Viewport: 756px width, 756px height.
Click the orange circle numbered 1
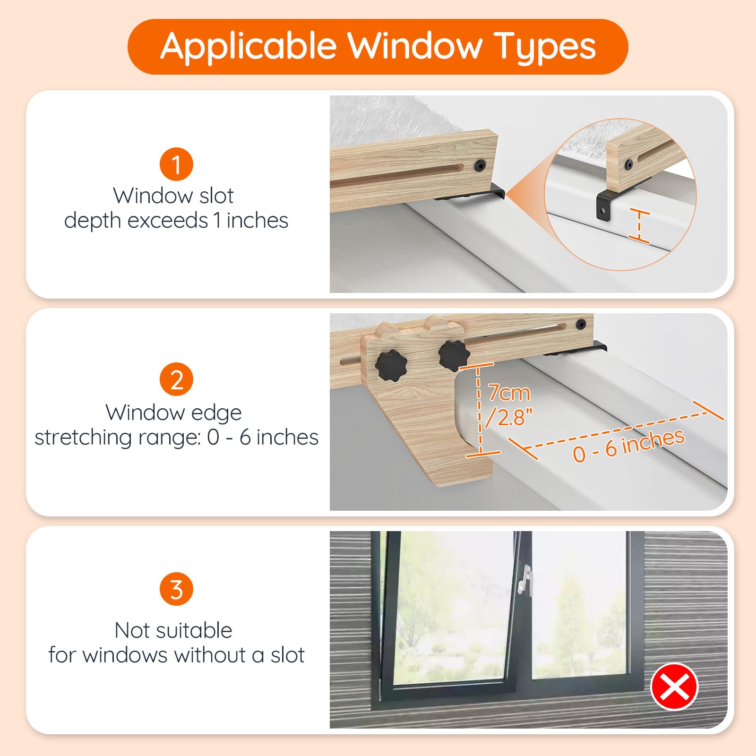176,164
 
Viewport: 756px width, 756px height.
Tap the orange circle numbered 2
176,379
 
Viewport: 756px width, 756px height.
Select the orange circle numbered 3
176,589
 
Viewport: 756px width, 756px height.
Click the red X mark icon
674,687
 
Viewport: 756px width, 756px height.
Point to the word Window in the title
414,46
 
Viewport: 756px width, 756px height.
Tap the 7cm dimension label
509,393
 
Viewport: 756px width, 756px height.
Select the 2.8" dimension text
509,417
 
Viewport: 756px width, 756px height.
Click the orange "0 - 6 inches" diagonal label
628,445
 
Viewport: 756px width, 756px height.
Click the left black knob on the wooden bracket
388,367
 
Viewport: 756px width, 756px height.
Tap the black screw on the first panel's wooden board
481,165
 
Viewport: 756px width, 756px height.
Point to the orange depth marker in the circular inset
639,226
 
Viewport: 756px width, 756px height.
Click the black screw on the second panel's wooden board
581,325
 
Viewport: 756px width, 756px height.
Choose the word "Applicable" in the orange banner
249,47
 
